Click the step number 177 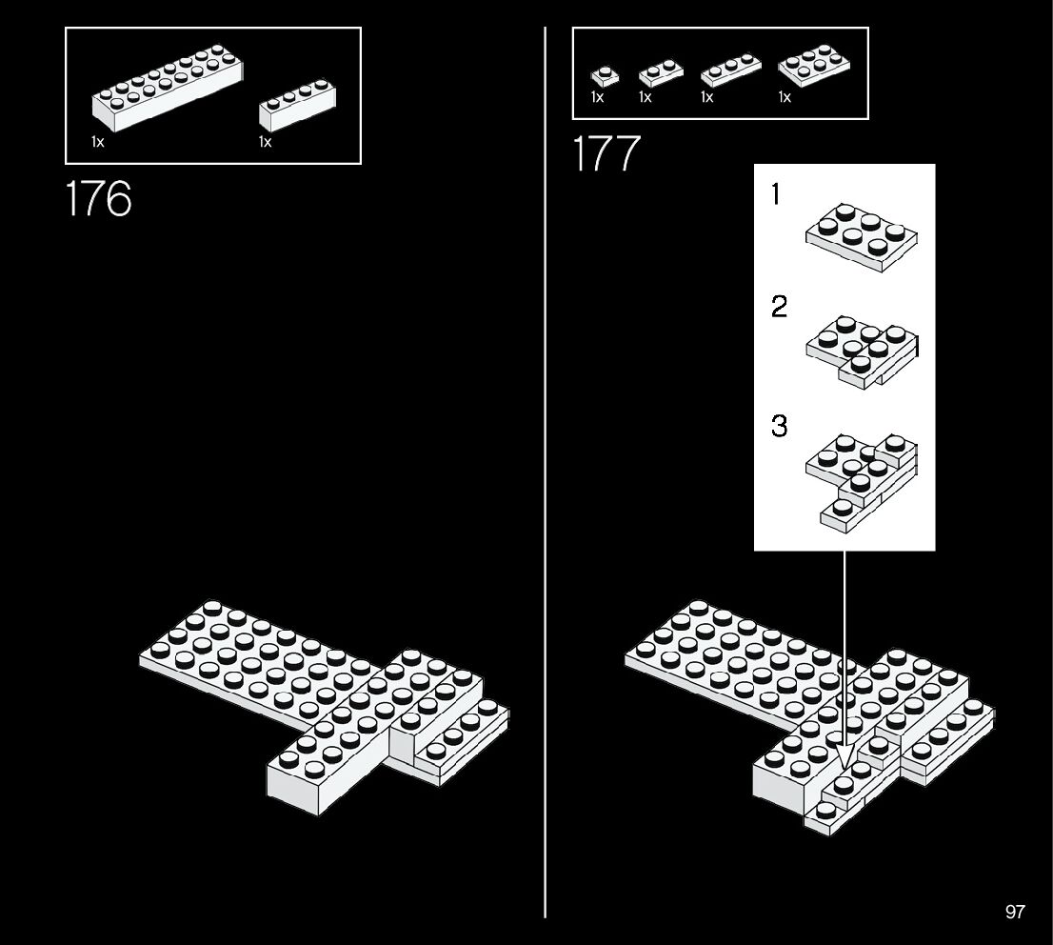(606, 154)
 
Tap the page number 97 (1015, 912)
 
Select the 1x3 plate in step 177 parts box (730, 70)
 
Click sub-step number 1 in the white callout (776, 195)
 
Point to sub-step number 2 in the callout (779, 308)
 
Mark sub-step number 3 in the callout (779, 426)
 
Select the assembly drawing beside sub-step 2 (863, 350)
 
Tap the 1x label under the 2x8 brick (98, 142)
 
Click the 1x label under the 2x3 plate (785, 97)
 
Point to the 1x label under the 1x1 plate (597, 97)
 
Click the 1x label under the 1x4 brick (265, 142)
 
